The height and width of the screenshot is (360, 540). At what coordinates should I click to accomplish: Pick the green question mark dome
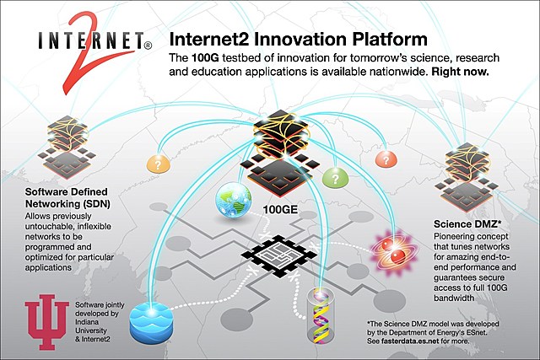pyautogui.click(x=336, y=177)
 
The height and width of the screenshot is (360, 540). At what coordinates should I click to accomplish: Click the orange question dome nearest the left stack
pyautogui.click(x=159, y=163)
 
